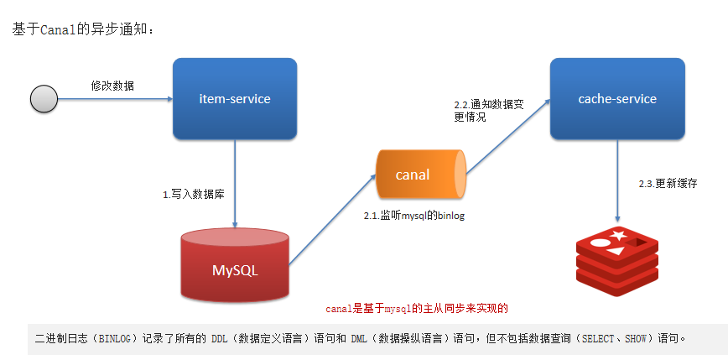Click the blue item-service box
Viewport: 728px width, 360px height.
(x=235, y=98)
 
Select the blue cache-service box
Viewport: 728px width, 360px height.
(x=617, y=98)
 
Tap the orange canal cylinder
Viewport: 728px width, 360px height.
(x=419, y=175)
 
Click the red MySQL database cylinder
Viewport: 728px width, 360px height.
(x=235, y=267)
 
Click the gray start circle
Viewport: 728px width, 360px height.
(x=43, y=99)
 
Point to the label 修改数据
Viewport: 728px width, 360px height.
(x=112, y=86)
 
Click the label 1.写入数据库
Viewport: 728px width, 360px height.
(x=194, y=193)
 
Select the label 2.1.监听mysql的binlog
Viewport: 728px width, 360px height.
(x=413, y=216)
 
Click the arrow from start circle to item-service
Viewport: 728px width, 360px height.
(x=114, y=99)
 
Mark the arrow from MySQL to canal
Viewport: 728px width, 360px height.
(x=331, y=221)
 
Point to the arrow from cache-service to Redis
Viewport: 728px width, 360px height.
(x=618, y=181)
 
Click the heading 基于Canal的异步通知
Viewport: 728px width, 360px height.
(x=82, y=29)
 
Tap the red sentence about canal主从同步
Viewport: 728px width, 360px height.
(x=417, y=309)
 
